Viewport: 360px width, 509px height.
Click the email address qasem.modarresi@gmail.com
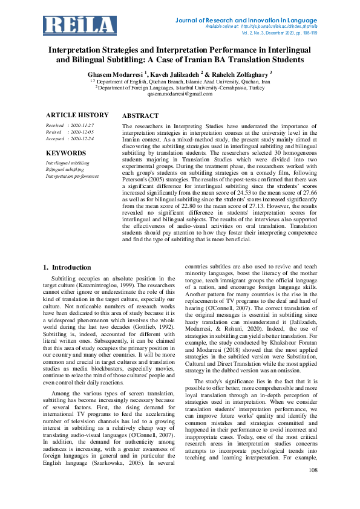point(180,94)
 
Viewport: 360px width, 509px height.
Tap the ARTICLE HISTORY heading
point(77,115)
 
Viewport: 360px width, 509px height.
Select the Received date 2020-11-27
point(81,125)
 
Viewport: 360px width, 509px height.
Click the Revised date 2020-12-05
point(81,132)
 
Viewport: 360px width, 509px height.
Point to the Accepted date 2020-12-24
point(81,138)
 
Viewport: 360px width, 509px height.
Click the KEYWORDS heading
point(66,154)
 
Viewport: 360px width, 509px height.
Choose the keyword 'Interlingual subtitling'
point(68,163)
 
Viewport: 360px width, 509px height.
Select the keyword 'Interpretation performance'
point(72,176)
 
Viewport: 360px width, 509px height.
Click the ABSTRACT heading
point(140,115)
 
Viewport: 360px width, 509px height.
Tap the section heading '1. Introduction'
point(67,267)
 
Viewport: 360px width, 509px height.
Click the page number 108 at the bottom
point(313,487)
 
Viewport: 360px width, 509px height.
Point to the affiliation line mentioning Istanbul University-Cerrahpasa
point(180,87)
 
